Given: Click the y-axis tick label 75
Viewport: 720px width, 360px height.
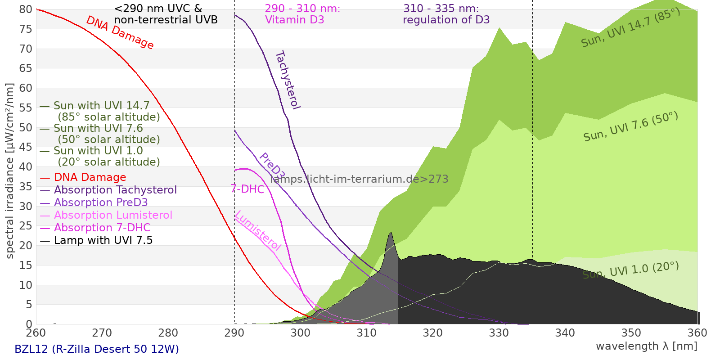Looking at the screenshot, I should (26, 29).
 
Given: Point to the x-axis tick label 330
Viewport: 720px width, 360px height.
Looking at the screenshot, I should (499, 333).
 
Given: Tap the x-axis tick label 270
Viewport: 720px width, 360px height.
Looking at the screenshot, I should (102, 333).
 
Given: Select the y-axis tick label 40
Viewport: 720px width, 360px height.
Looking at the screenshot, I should (26, 167).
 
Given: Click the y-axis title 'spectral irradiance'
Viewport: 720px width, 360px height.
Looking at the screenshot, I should (10, 171).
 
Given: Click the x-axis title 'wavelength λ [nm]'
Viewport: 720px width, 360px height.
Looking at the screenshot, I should (646, 346).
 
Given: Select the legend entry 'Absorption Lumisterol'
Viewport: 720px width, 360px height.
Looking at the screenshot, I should (113, 215).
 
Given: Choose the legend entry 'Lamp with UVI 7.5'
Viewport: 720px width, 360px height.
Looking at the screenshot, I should (103, 240).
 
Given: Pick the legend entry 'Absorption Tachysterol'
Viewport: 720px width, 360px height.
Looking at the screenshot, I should (115, 190).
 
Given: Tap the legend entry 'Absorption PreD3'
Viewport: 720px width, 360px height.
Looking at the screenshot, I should (101, 202).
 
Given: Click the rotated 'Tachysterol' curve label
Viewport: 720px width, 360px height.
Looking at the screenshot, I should (287, 80).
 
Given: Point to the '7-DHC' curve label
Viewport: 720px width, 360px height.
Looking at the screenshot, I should (247, 189).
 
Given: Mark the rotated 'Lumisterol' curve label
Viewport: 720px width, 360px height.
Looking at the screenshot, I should (258, 230).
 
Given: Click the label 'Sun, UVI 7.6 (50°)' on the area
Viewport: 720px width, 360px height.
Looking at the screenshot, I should (630, 126).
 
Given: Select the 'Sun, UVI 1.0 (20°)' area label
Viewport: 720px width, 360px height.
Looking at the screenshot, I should (630, 270).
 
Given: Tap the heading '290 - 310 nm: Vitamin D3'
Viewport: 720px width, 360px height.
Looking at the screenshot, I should (302, 14).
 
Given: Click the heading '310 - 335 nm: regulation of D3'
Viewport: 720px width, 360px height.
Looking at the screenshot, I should (445, 14).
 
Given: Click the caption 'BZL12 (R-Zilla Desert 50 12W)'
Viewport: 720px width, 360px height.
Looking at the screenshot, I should (97, 349).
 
